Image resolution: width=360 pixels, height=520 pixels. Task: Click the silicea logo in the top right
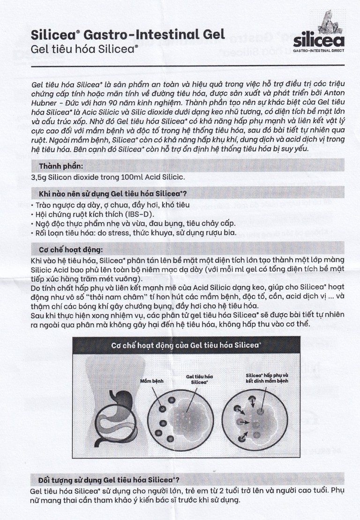coord(318,36)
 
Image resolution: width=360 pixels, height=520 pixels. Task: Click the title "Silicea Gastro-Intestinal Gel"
coord(127,34)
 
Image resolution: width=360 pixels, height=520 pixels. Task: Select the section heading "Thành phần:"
coord(61,165)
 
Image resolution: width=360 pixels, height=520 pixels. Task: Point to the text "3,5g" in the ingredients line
coord(39,177)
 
